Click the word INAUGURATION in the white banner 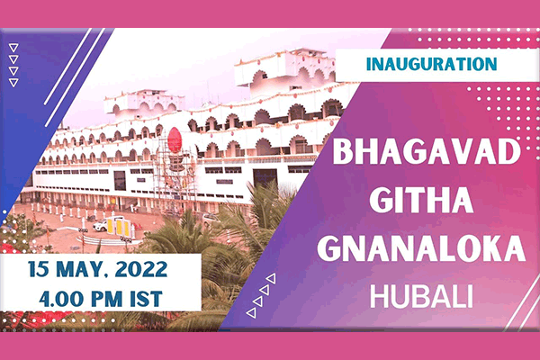click(x=431, y=64)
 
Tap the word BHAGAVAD click(x=427, y=152)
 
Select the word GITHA click(x=421, y=200)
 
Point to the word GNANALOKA click(x=421, y=248)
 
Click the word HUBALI click(x=421, y=297)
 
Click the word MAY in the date click(x=78, y=270)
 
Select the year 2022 click(x=141, y=269)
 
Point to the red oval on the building click(x=175, y=139)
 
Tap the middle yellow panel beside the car click(x=119, y=228)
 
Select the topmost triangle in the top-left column click(x=13, y=47)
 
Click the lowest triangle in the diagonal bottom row click(x=251, y=313)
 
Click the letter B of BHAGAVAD click(x=342, y=152)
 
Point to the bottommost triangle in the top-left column click(x=13, y=82)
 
